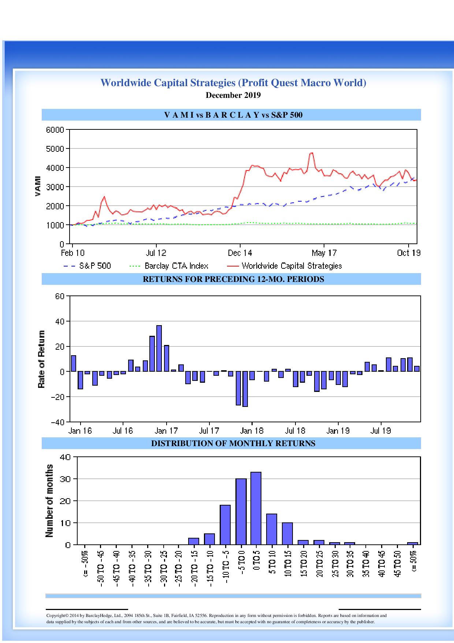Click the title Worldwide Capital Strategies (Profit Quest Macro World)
(233, 83)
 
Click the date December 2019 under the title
(233, 95)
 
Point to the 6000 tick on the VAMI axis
(55, 130)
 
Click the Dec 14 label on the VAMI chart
(240, 253)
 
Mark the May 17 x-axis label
(324, 253)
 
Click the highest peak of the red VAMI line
(312, 153)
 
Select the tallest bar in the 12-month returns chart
(159, 348)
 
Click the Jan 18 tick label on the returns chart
(252, 431)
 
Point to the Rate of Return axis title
(41, 359)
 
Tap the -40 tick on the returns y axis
(57, 422)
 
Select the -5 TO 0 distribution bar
(241, 511)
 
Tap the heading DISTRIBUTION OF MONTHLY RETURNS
(233, 444)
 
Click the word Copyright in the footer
(55, 616)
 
